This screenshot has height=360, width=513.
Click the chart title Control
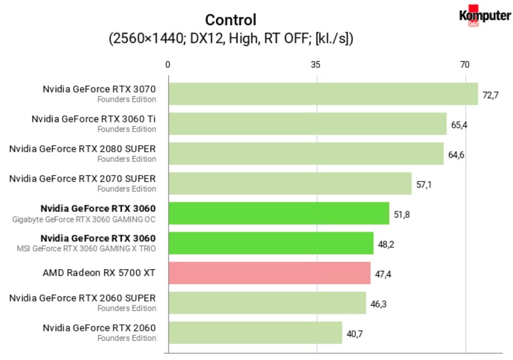(x=231, y=20)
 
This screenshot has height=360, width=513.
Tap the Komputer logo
(x=484, y=17)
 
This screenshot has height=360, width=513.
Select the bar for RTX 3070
(x=322, y=94)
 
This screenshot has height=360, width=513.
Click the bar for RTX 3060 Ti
(x=307, y=124)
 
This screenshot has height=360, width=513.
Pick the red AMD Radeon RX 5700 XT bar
(x=269, y=273)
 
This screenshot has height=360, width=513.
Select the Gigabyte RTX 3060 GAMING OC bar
(x=278, y=213)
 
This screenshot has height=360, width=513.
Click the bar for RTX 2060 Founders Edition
(x=255, y=333)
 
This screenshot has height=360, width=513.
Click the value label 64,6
(x=456, y=155)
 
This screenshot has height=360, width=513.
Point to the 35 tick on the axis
(x=317, y=64)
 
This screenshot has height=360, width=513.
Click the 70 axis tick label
(x=465, y=64)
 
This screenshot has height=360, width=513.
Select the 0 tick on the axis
(x=168, y=64)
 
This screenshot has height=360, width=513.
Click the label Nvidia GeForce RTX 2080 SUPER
(x=82, y=149)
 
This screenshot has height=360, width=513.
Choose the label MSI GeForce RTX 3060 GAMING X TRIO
(x=84, y=249)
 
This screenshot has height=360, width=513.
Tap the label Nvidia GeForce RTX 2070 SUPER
(x=82, y=179)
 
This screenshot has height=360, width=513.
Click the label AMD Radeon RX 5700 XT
(x=99, y=273)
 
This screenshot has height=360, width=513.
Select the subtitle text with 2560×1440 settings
(x=231, y=39)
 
